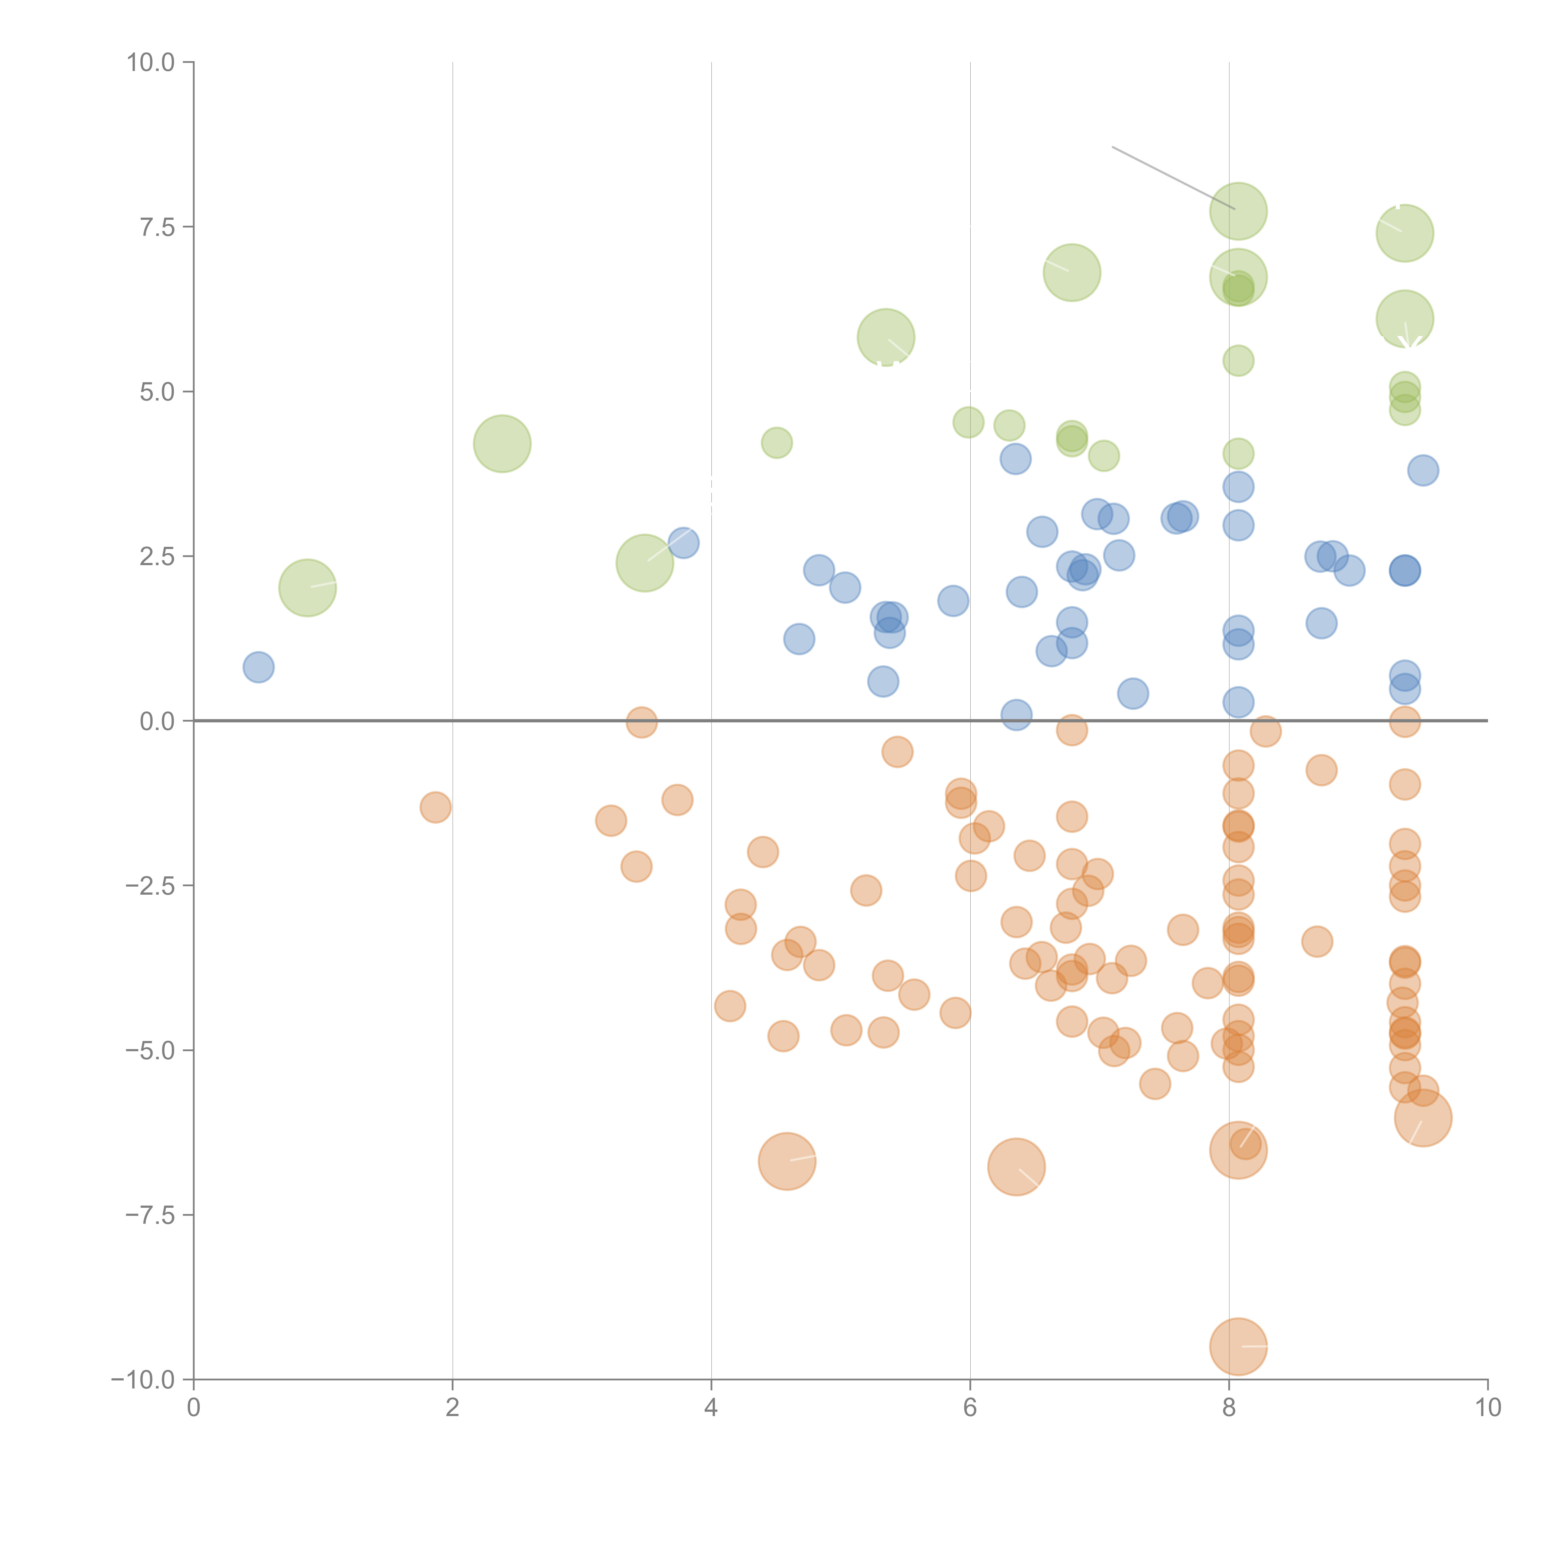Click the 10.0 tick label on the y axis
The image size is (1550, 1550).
151,63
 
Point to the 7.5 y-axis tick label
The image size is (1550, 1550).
157,227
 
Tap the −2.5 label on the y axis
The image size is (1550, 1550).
151,886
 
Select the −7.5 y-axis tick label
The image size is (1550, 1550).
151,1215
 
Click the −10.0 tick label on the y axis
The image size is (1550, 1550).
144,1380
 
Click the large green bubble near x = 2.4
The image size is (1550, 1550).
502,444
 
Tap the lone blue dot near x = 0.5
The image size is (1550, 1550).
258,667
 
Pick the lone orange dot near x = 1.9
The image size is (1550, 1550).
436,807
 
